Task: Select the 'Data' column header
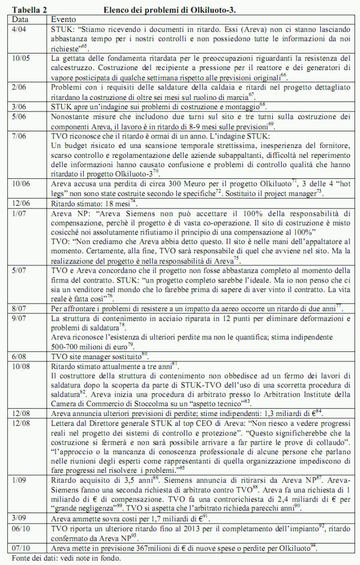[20, 19]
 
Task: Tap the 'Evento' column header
[62, 19]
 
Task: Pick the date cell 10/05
[22, 58]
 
